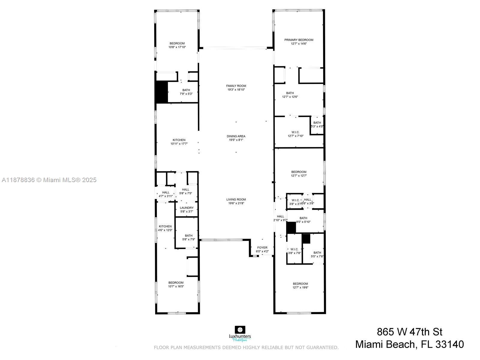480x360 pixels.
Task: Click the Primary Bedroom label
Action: (299, 40)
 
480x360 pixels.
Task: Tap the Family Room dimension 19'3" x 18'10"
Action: (236, 90)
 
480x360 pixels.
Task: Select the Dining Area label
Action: (236, 136)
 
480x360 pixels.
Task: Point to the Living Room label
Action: (236, 199)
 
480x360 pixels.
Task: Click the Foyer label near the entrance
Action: (262, 248)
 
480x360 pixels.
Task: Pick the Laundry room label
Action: (187, 208)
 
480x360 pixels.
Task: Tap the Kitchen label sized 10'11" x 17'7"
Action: (179, 140)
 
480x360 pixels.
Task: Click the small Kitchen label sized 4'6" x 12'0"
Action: (165, 226)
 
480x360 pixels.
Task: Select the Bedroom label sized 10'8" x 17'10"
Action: (177, 43)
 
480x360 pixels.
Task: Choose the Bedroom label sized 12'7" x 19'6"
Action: (300, 284)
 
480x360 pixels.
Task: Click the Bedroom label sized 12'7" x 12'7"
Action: (299, 172)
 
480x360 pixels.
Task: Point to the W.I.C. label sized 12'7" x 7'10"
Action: (295, 132)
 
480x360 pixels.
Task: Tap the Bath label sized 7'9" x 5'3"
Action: (186, 90)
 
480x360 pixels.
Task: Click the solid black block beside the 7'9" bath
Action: (162, 92)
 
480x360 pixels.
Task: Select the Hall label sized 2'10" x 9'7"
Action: (280, 217)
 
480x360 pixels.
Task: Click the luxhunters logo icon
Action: (240, 330)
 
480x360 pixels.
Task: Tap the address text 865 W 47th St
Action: (409, 332)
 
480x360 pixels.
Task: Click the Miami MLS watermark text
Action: (49, 180)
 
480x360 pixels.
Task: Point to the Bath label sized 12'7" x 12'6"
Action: (290, 93)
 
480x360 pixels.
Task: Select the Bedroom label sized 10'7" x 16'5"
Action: (176, 283)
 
